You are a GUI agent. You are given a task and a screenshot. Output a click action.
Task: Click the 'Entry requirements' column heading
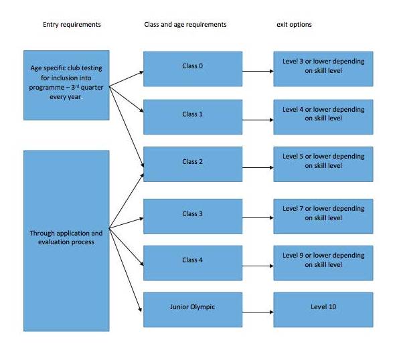(72, 25)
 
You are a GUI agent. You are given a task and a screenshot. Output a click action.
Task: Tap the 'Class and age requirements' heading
(185, 25)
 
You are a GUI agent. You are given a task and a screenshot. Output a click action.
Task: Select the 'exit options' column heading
(294, 25)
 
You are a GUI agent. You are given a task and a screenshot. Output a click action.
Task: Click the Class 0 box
(193, 69)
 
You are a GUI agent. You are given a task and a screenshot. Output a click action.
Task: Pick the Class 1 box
(193, 117)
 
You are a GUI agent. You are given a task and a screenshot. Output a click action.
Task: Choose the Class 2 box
(193, 165)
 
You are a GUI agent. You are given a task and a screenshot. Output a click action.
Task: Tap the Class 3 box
(193, 216)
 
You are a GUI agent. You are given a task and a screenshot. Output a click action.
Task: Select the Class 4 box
(193, 263)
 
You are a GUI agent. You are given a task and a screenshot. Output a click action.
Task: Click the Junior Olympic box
(193, 310)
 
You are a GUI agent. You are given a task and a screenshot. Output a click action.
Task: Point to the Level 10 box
(323, 310)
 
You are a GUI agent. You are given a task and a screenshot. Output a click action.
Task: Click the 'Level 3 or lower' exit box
(323, 69)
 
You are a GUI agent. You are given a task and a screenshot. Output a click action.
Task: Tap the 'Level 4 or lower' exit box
(323, 117)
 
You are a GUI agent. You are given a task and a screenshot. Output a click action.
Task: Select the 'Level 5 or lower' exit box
(323, 165)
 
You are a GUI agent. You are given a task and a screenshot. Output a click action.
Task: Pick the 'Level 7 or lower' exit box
(323, 216)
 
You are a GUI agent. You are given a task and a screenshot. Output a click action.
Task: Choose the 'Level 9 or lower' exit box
(323, 263)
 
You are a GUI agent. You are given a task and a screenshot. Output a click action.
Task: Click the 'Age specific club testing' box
(66, 86)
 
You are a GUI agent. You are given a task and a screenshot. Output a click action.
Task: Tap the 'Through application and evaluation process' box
(66, 241)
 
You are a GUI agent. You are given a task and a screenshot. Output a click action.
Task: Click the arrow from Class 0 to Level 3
(258, 71)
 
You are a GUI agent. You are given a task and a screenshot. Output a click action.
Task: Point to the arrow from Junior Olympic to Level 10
(258, 312)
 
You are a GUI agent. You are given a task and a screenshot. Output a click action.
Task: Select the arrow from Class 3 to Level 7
(258, 217)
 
